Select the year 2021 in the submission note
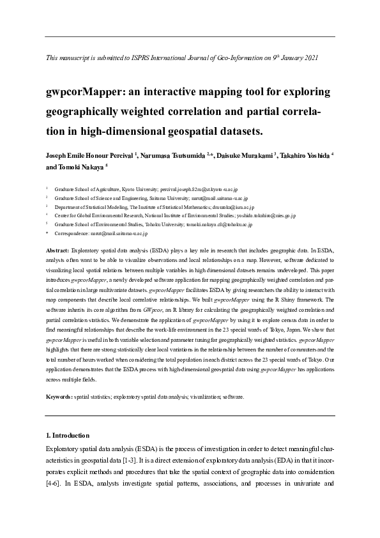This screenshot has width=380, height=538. (x=310, y=58)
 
